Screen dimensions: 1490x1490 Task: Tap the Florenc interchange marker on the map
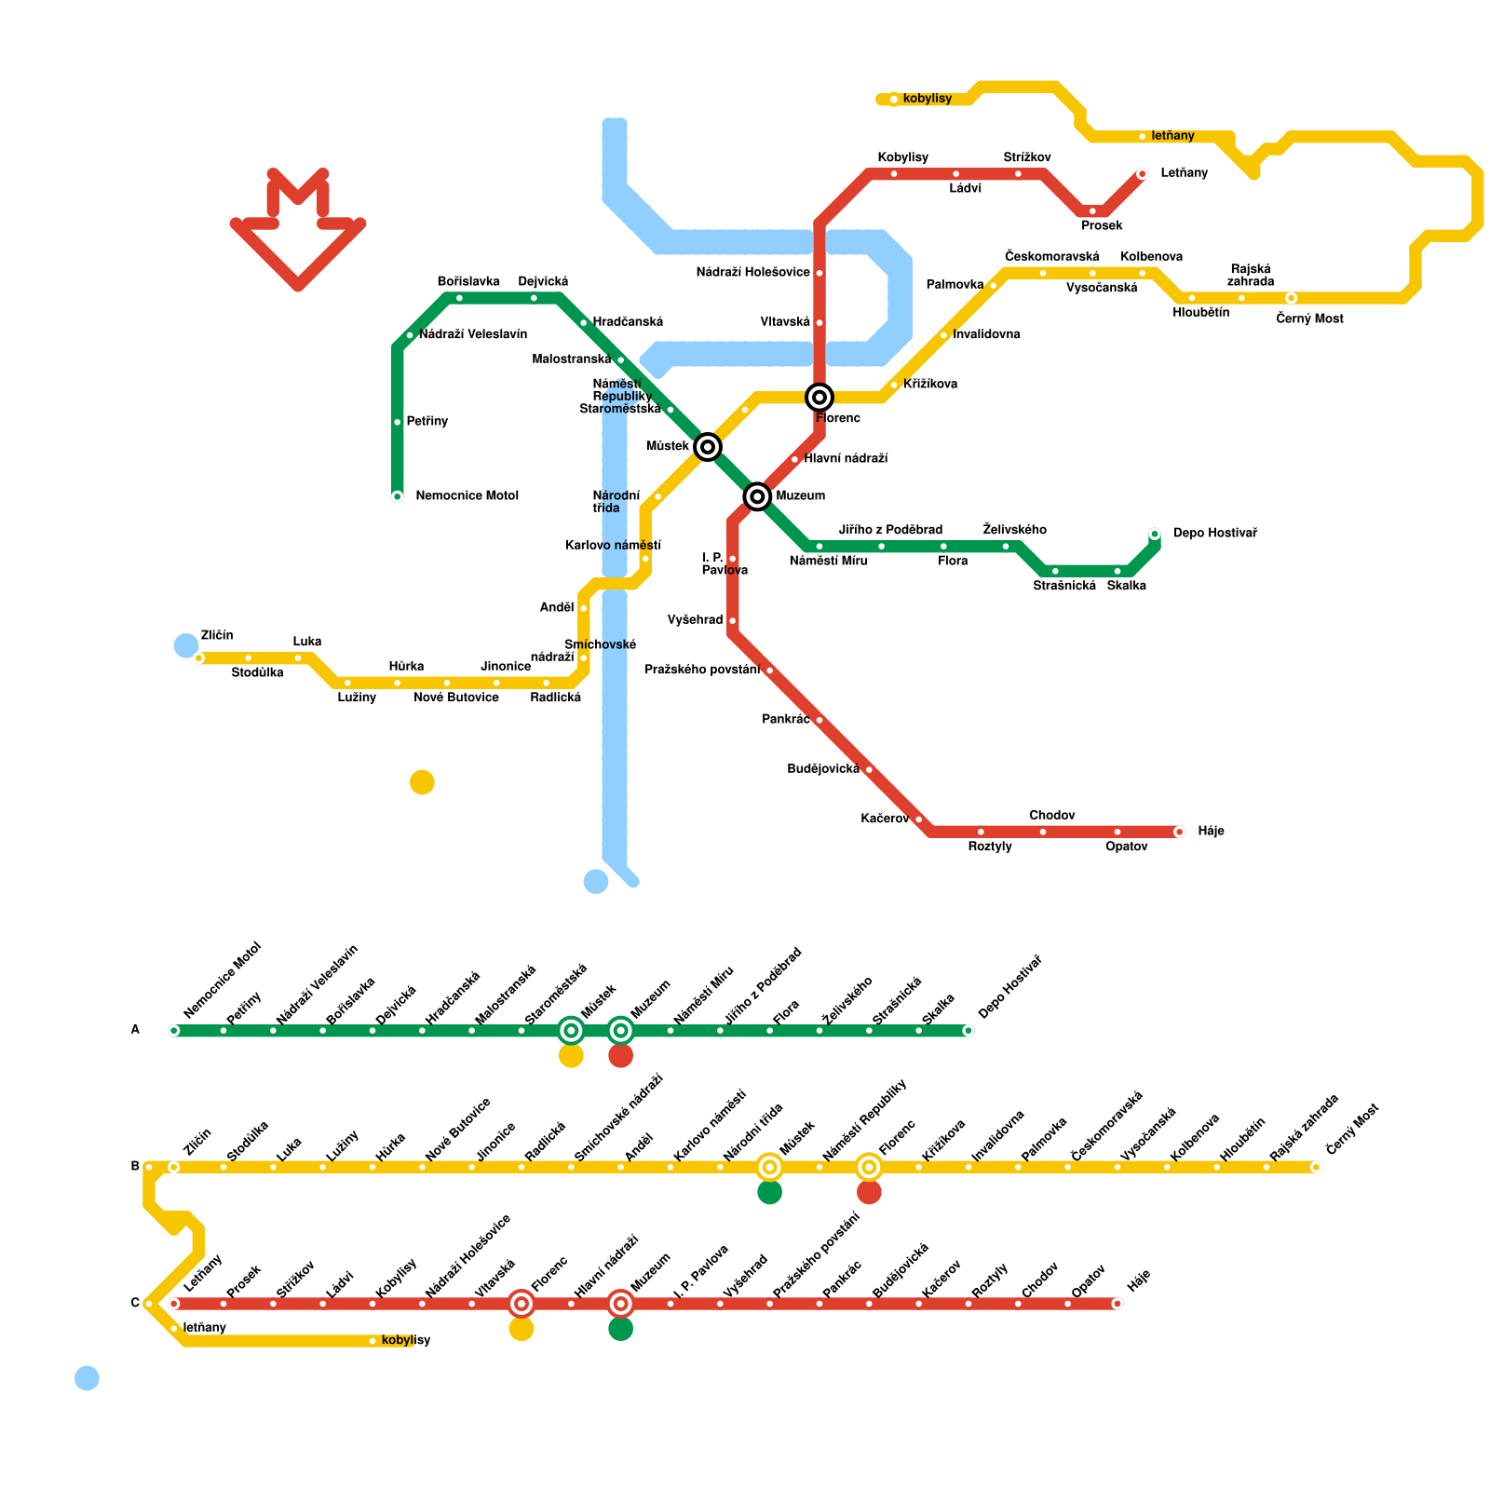tap(819, 398)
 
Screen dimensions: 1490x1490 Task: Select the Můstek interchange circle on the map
tap(708, 447)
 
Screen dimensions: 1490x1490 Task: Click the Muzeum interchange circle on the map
tap(758, 496)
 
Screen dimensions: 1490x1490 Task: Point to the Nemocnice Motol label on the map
tap(467, 496)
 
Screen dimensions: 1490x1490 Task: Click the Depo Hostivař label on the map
tap(1214, 534)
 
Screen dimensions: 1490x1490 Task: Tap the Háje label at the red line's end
tap(1211, 832)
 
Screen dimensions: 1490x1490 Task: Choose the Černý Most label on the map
tap(1309, 319)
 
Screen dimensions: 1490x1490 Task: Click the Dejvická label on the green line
tap(543, 282)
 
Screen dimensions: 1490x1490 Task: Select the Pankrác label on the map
tap(785, 720)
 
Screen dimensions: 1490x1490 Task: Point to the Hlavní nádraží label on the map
tap(846, 459)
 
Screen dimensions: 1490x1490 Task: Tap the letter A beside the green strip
tap(135, 1030)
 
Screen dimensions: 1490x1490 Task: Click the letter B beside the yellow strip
tap(135, 1167)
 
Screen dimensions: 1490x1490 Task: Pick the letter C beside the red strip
tap(135, 1304)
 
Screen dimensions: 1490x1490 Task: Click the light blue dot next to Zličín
tap(186, 645)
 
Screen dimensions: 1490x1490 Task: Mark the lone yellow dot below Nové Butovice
tap(422, 782)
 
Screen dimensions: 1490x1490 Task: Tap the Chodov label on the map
tap(1052, 816)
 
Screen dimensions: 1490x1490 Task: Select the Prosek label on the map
tap(1102, 226)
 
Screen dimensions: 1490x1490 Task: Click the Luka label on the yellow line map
tap(307, 642)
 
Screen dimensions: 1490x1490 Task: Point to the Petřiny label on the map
tap(427, 422)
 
